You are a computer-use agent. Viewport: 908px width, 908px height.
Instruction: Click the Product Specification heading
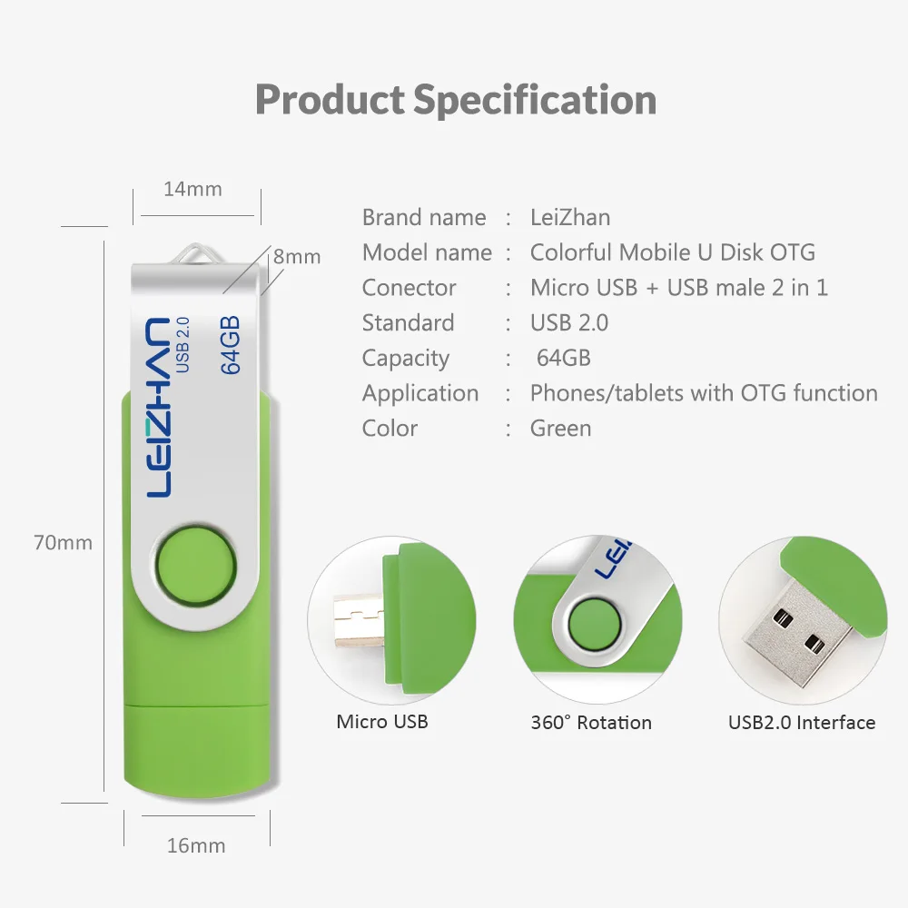point(456,99)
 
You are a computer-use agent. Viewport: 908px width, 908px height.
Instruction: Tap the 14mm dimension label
point(192,189)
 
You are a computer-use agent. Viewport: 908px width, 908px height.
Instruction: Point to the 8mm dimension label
point(297,257)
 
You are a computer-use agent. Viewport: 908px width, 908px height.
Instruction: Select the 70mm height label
point(63,543)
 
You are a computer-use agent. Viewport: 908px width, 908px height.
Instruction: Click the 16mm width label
point(196,845)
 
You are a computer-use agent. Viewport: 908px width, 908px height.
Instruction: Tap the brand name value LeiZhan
point(570,217)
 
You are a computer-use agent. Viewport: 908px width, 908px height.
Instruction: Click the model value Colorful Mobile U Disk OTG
point(672,252)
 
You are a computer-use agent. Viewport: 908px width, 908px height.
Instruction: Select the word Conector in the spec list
point(409,288)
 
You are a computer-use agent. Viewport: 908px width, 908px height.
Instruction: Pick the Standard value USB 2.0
point(569,322)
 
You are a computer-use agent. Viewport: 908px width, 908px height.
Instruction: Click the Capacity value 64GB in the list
point(563,358)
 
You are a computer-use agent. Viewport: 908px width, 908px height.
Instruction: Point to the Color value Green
point(560,429)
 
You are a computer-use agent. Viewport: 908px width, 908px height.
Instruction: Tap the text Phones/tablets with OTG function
point(704,393)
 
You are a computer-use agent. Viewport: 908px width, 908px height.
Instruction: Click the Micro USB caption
point(382,722)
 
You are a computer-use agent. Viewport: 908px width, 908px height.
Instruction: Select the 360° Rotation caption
point(591,723)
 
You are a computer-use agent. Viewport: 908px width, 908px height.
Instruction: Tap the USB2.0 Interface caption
point(802,723)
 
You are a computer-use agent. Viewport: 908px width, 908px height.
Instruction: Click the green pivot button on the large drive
point(192,566)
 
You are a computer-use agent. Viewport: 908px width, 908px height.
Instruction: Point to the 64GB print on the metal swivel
point(230,344)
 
